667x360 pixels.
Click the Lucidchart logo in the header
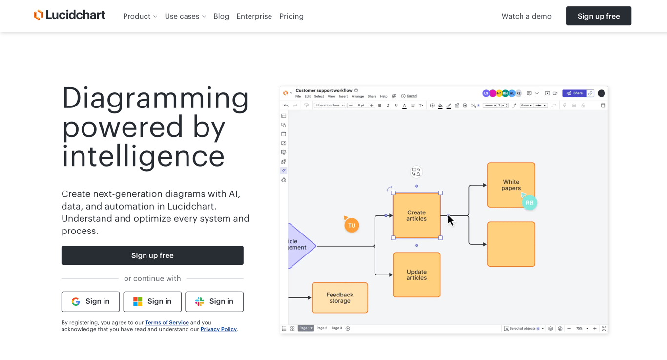[69, 15]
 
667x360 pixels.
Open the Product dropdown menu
[140, 16]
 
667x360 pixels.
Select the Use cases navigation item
[185, 16]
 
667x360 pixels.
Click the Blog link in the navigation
[221, 16]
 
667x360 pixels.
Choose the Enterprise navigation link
[254, 16]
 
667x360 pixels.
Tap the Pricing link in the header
[292, 16]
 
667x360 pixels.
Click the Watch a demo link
[526, 16]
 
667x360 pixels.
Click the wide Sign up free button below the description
[152, 255]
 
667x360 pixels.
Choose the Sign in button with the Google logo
[90, 301]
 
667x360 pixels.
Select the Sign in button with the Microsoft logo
[152, 301]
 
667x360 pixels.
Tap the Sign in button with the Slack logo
[214, 301]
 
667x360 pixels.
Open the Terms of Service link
[167, 322]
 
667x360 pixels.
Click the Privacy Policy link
[218, 329]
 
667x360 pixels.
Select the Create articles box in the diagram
[417, 215]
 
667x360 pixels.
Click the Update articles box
[417, 275]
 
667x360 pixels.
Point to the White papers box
[511, 185]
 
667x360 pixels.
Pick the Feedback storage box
[340, 297]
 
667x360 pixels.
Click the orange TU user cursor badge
[352, 225]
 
